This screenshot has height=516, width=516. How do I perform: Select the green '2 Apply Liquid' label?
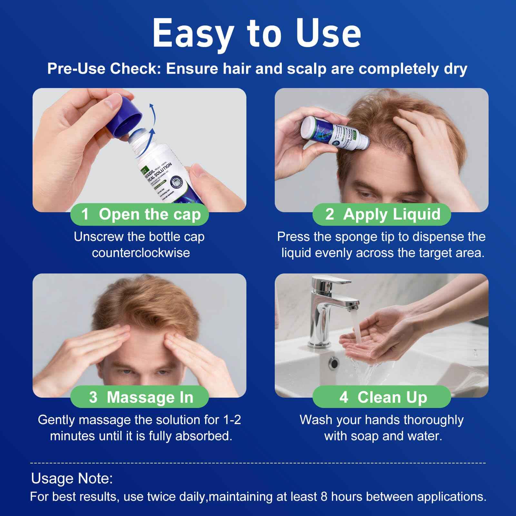[382, 214]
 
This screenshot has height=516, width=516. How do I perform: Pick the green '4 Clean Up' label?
[382, 397]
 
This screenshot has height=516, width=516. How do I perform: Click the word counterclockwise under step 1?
[141, 253]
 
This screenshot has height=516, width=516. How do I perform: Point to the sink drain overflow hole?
[333, 363]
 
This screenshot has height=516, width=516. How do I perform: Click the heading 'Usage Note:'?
[72, 479]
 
